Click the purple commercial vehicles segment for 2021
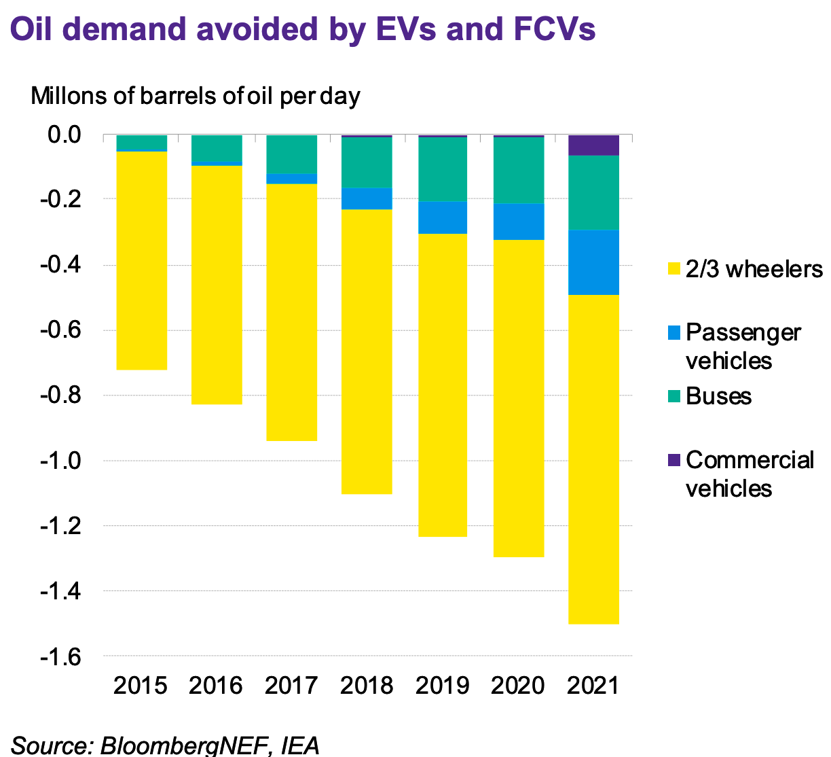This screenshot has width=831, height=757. click(593, 145)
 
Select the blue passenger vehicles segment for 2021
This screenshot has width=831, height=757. click(593, 262)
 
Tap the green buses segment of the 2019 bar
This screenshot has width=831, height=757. click(442, 169)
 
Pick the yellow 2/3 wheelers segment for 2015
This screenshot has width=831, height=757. click(141, 260)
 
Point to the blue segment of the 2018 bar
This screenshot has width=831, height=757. click(367, 198)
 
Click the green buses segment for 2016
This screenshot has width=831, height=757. click(217, 148)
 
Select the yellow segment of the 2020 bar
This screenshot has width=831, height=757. click(519, 398)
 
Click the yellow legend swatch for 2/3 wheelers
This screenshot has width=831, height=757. click(673, 269)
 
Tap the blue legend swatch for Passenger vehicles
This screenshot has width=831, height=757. click(673, 332)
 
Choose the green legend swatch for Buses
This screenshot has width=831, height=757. click(673, 396)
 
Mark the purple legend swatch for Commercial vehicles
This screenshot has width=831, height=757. click(673, 460)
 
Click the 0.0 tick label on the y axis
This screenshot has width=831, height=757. click(65, 135)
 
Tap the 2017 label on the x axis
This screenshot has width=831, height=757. click(291, 685)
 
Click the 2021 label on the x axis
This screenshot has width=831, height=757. click(593, 685)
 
